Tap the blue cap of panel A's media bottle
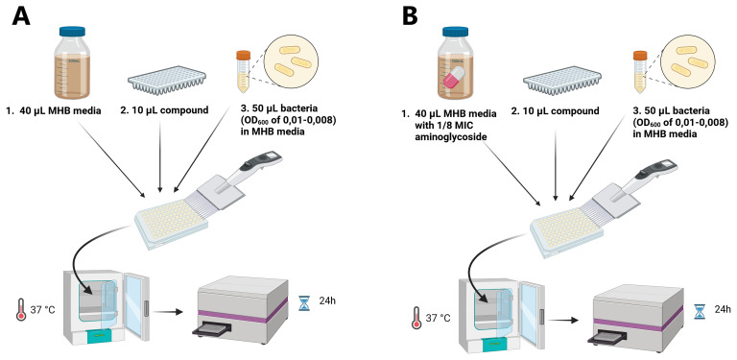(x=73, y=32)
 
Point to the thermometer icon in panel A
(x=21, y=309)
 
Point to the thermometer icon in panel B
(x=416, y=318)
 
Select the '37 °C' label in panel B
(x=438, y=318)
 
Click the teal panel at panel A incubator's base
(x=100, y=335)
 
